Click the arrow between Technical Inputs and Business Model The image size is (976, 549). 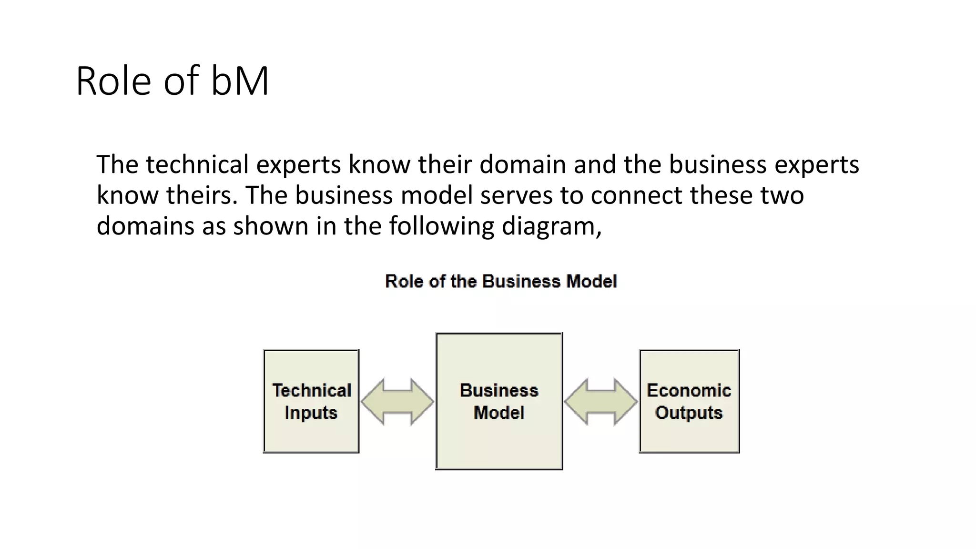[x=397, y=402]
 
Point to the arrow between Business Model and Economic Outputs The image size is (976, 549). [x=601, y=402]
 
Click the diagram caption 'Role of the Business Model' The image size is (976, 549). [x=501, y=281]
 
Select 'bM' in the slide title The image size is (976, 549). [x=240, y=81]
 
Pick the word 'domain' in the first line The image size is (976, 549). [x=522, y=164]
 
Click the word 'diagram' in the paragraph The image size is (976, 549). [x=551, y=226]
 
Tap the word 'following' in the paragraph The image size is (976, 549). [x=441, y=226]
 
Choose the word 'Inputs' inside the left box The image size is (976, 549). [x=311, y=412]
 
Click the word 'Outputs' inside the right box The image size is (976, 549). [x=689, y=412]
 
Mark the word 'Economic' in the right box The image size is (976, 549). [x=689, y=390]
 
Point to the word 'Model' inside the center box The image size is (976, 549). [x=499, y=412]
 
